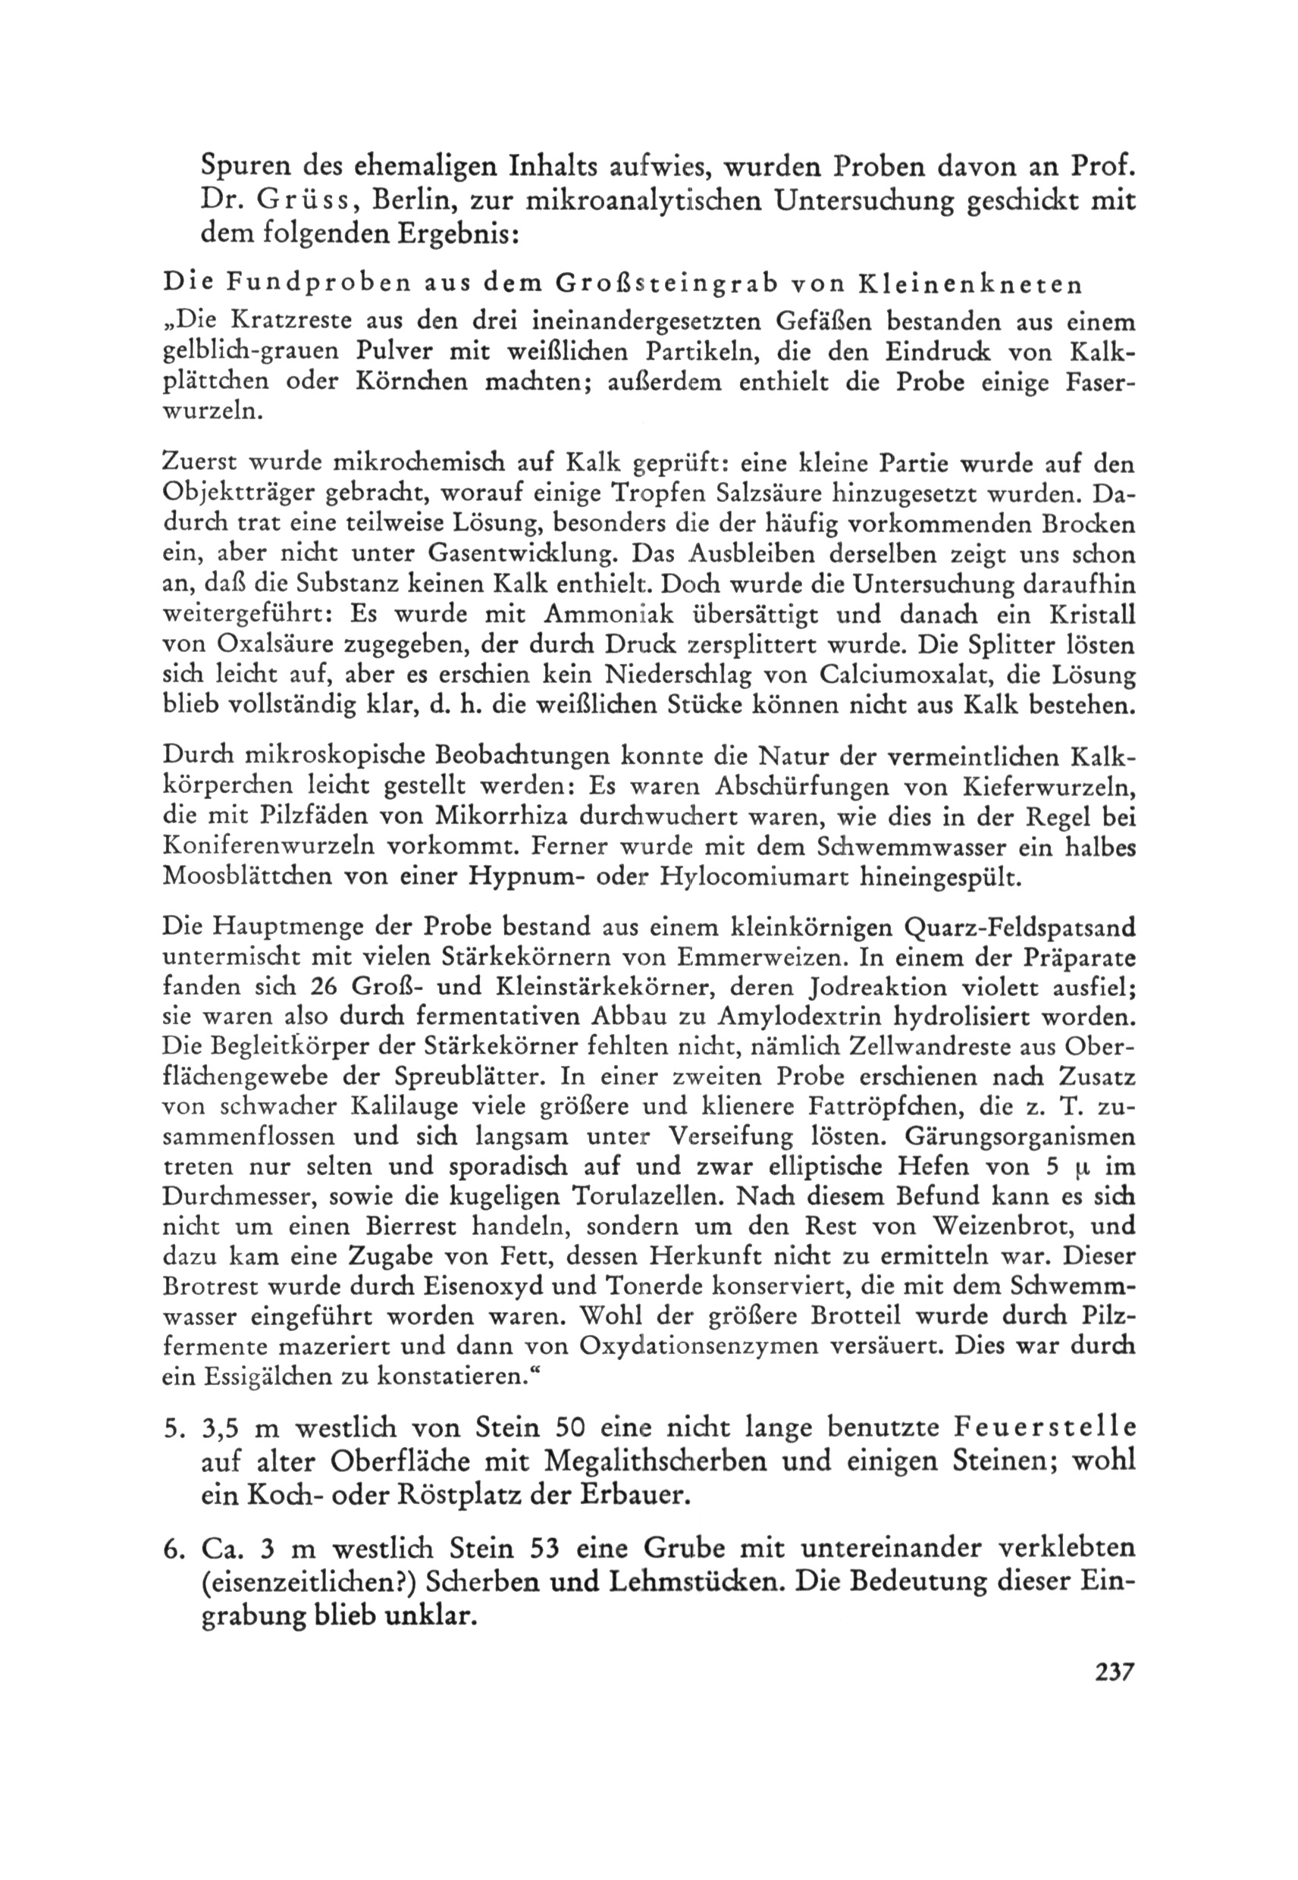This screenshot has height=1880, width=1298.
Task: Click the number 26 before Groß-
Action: (x=326, y=988)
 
